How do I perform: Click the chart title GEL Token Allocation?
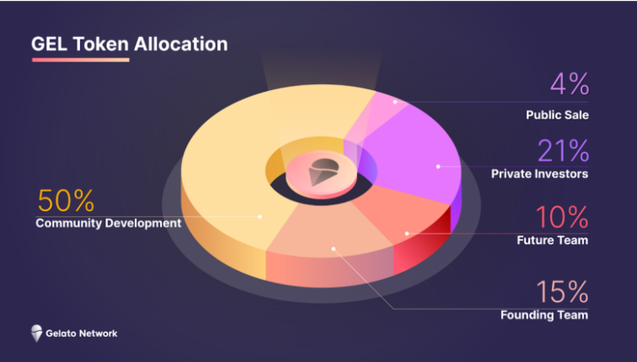pos(130,44)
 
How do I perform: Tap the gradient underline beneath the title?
pos(80,60)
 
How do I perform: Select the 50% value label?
pos(66,201)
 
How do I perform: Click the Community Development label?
pos(109,223)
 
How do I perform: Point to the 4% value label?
pos(570,84)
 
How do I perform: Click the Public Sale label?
pos(557,114)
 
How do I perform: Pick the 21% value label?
pos(563,151)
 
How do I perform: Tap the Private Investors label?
pos(539,173)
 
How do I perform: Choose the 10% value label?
pos(562,217)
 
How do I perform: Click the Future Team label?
pos(553,240)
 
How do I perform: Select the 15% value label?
pos(562,292)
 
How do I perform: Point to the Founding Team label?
pos(544,315)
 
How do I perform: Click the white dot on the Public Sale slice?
pos(395,102)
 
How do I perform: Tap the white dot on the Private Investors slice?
pos(438,167)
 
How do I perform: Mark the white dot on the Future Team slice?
pos(407,233)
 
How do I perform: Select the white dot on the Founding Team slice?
pos(333,249)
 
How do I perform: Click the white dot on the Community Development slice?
pos(260,216)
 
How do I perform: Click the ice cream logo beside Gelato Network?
pos(36,333)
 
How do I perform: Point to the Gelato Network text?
pos(82,333)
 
